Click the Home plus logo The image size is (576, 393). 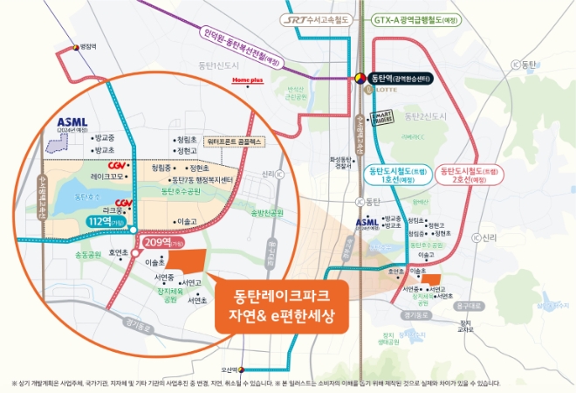[x=247, y=79]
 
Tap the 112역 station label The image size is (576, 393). [x=104, y=222]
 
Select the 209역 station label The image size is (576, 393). [x=161, y=243]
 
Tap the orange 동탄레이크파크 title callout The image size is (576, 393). [x=276, y=303]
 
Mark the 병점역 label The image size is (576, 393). [x=87, y=47]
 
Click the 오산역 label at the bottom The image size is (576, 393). [x=253, y=368]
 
